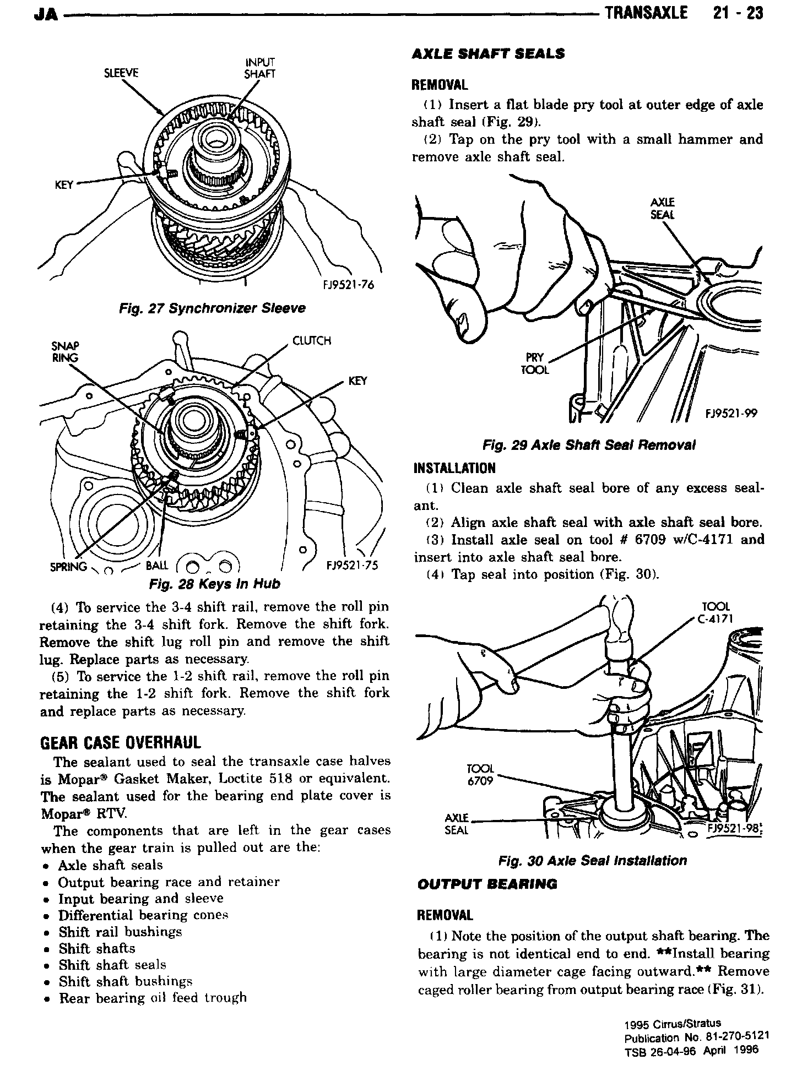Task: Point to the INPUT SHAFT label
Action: coord(259,68)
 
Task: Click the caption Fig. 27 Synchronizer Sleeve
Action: coord(212,308)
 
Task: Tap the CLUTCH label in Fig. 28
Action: coord(312,341)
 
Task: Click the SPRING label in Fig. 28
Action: coord(68,567)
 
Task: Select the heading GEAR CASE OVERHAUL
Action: coord(121,743)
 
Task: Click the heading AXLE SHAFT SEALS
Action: coord(489,54)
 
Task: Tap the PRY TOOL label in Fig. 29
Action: coord(534,364)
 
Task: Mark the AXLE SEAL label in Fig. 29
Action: coord(662,209)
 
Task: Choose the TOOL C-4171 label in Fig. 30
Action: coord(714,612)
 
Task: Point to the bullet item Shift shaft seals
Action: coord(112,965)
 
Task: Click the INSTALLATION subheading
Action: coord(454,468)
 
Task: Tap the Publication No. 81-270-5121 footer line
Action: coord(696,1037)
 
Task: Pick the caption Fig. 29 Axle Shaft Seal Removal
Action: coord(589,445)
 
